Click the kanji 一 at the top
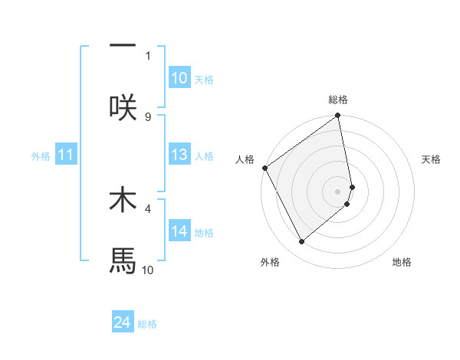pyautogui.click(x=123, y=44)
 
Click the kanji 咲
pyautogui.click(x=123, y=106)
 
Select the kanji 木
pyautogui.click(x=123, y=198)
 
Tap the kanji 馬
pyautogui.click(x=123, y=260)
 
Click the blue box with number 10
pyautogui.click(x=179, y=78)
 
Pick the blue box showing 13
pyautogui.click(x=179, y=155)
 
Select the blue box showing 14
pyautogui.click(x=179, y=231)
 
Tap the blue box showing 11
pyautogui.click(x=66, y=155)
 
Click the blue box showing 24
pyautogui.click(x=123, y=322)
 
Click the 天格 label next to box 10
pyautogui.click(x=204, y=80)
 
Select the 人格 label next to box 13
pyautogui.click(x=204, y=156)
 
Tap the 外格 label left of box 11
pyautogui.click(x=41, y=156)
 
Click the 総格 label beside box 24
pyautogui.click(x=147, y=324)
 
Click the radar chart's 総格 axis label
pyautogui.click(x=338, y=100)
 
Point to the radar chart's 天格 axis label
pyautogui.click(x=432, y=159)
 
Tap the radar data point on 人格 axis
pyautogui.click(x=264, y=168)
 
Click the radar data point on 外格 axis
pyautogui.click(x=301, y=241)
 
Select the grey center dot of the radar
pyautogui.click(x=338, y=191)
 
